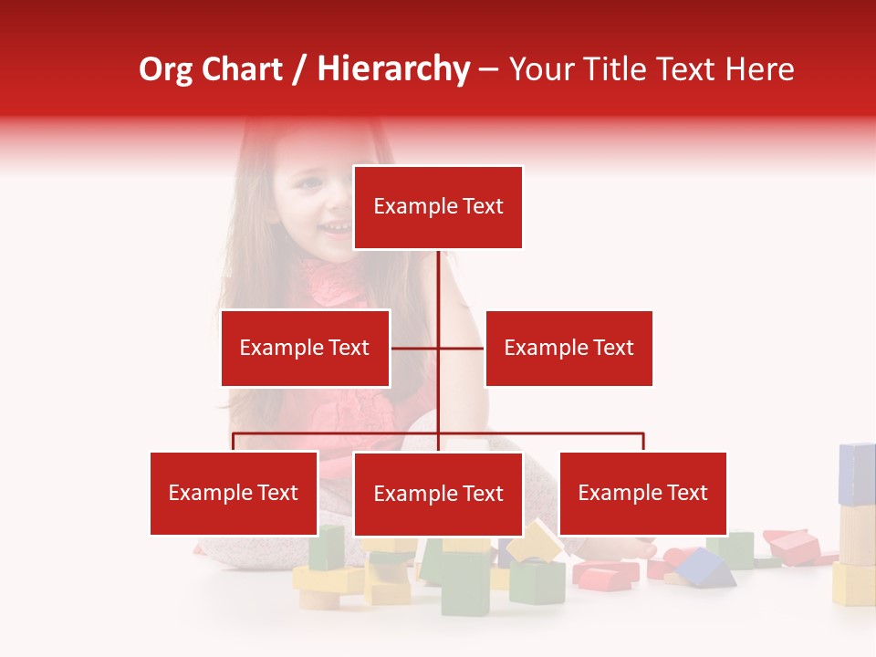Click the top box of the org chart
click(438, 207)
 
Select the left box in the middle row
click(305, 348)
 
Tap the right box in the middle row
click(568, 348)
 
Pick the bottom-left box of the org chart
click(234, 493)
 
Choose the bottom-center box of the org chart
click(438, 494)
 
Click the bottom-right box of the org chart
click(642, 493)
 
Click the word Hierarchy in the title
click(393, 69)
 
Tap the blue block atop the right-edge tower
click(857, 474)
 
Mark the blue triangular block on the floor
click(704, 568)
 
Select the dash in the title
click(488, 70)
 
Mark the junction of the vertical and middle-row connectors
click(439, 348)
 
